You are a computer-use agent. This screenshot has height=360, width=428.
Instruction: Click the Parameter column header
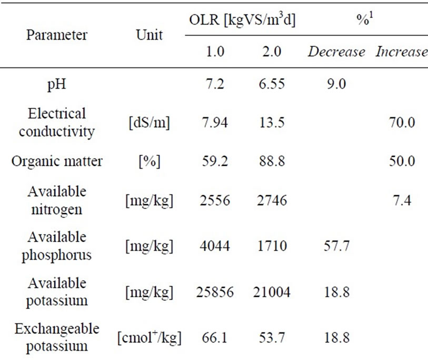(x=57, y=36)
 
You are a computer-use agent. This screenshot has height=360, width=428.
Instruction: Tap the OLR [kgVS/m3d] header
(x=242, y=21)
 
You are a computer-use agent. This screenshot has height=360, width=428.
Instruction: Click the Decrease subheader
(x=336, y=52)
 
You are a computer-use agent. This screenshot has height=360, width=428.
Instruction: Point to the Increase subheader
(x=401, y=52)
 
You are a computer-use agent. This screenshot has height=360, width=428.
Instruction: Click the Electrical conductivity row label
(x=57, y=122)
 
